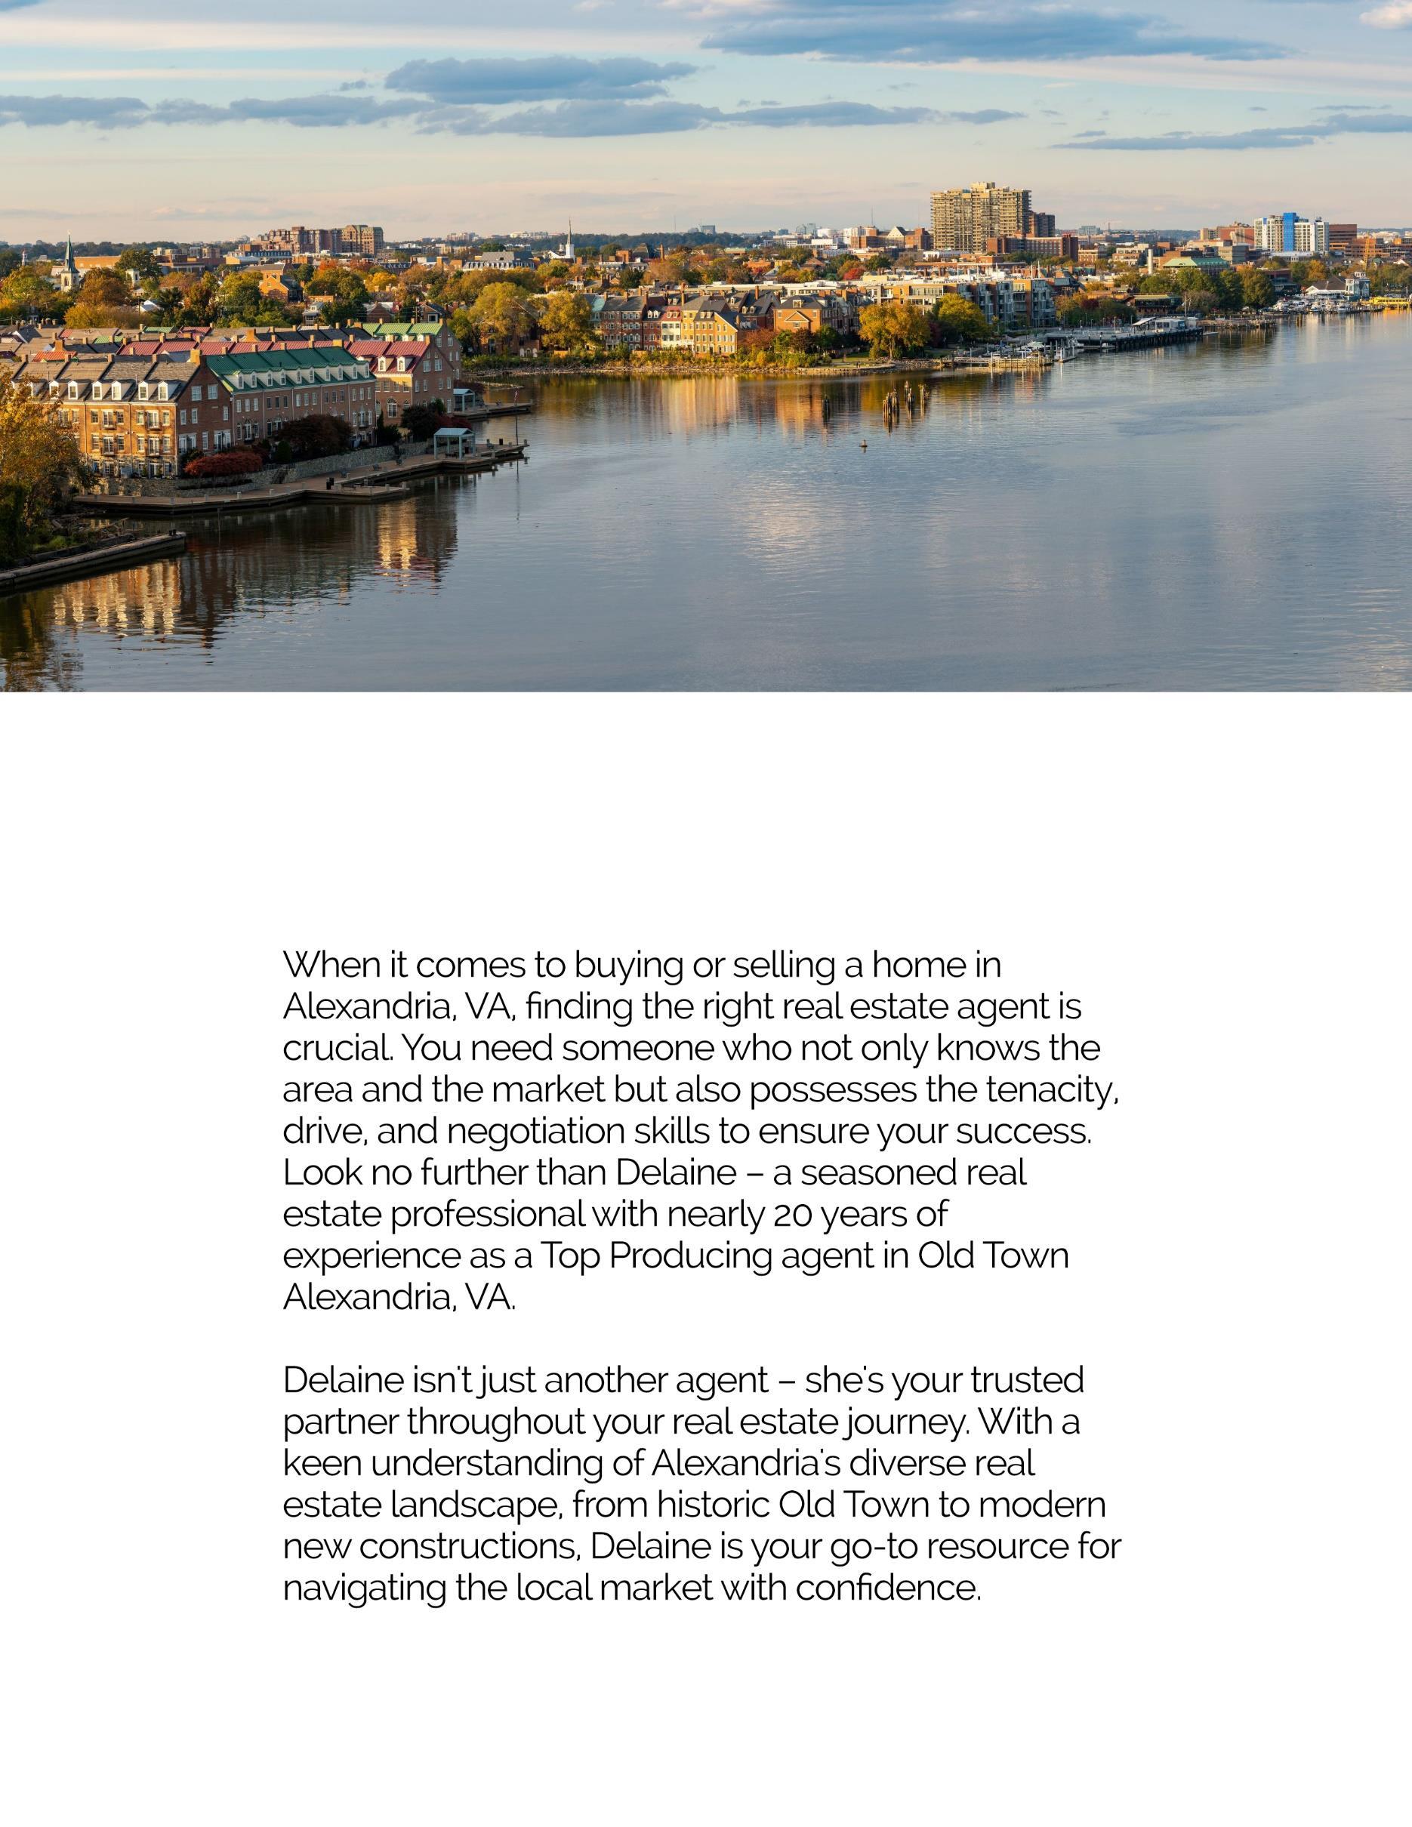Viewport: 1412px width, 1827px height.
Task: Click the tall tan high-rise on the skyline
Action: (x=979, y=217)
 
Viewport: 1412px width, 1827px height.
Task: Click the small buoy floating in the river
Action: (x=865, y=443)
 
